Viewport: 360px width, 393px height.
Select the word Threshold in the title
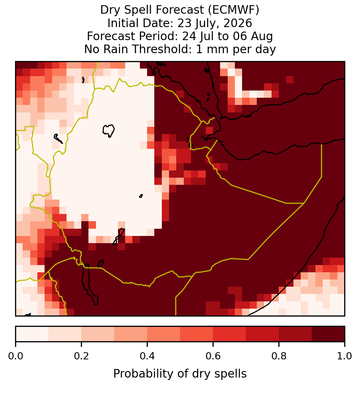(x=165, y=49)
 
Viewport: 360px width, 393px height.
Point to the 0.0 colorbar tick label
(x=16, y=356)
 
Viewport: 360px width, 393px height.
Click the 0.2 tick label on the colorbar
(x=81, y=356)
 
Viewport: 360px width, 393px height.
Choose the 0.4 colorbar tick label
(x=147, y=356)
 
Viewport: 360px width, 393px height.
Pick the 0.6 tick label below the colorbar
(x=213, y=356)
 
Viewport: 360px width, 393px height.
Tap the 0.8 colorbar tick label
(x=279, y=356)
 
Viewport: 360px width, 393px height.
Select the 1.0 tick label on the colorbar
(x=345, y=356)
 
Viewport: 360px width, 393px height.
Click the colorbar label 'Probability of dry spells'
(x=180, y=374)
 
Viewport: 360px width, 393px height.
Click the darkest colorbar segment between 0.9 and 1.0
(x=328, y=334)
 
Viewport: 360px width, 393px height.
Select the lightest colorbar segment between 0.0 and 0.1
(x=32, y=334)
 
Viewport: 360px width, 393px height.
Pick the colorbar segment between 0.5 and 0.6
(x=197, y=334)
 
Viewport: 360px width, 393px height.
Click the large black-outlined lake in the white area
(x=108, y=130)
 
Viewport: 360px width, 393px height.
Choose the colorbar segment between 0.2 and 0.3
(x=98, y=334)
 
